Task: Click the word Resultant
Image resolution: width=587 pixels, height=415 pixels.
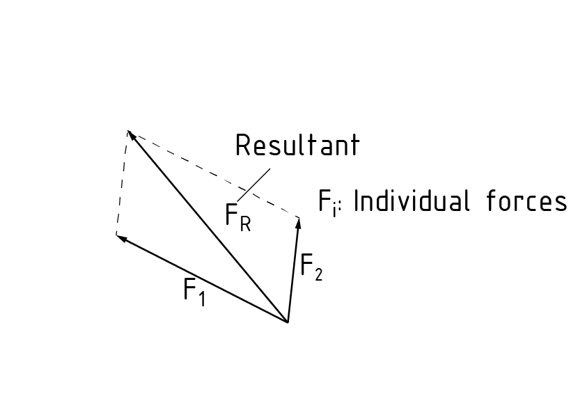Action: (x=297, y=146)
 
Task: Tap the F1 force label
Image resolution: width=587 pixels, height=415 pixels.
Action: (x=194, y=290)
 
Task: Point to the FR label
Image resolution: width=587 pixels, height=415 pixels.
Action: (x=237, y=217)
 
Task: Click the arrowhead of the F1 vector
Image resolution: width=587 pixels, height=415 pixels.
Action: (x=120, y=237)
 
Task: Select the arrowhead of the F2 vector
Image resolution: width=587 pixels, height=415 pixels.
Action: (x=299, y=223)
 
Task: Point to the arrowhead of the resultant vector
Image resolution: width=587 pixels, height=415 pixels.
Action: (x=130, y=135)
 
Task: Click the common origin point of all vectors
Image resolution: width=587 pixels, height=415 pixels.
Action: (x=288, y=322)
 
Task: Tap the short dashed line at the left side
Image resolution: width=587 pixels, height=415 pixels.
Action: (x=122, y=182)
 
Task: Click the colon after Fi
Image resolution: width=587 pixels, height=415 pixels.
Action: (x=342, y=207)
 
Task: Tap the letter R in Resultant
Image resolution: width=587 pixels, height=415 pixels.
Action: (x=243, y=146)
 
